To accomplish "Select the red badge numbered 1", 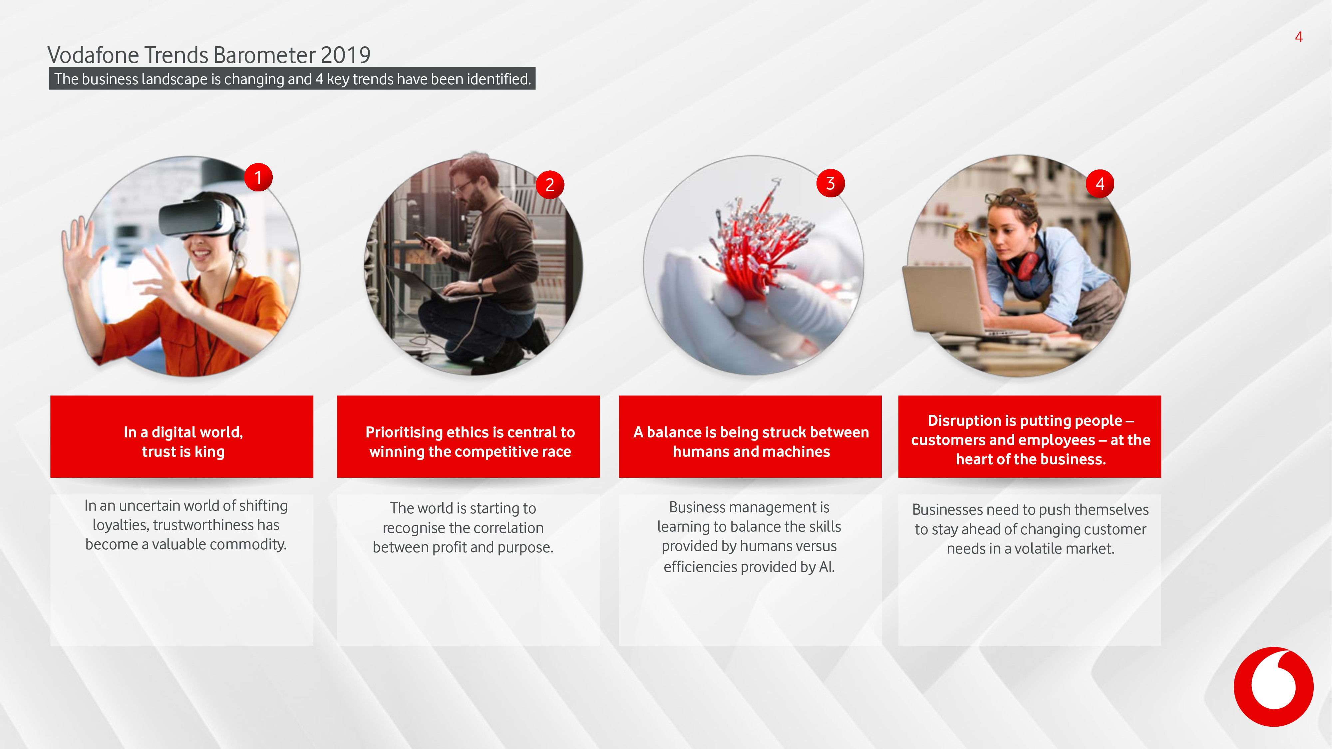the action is pos(258,178).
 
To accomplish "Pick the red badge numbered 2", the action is pos(550,184).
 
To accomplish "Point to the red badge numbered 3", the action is pos(831,183).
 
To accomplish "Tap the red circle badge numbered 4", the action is pos(1100,183).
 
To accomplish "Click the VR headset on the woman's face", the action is pos(196,217).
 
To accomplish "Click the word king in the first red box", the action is pos(209,452).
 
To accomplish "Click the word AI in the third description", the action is pos(826,567).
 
